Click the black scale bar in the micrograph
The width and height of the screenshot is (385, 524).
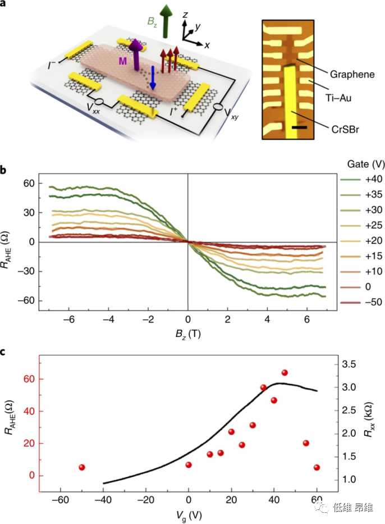pos(299,128)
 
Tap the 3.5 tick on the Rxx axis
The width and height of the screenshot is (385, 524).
pos(349,364)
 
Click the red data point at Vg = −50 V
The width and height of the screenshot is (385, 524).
pos(82,467)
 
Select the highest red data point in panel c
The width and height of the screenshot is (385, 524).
pos(285,373)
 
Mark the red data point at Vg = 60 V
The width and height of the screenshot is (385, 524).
pos(317,467)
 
